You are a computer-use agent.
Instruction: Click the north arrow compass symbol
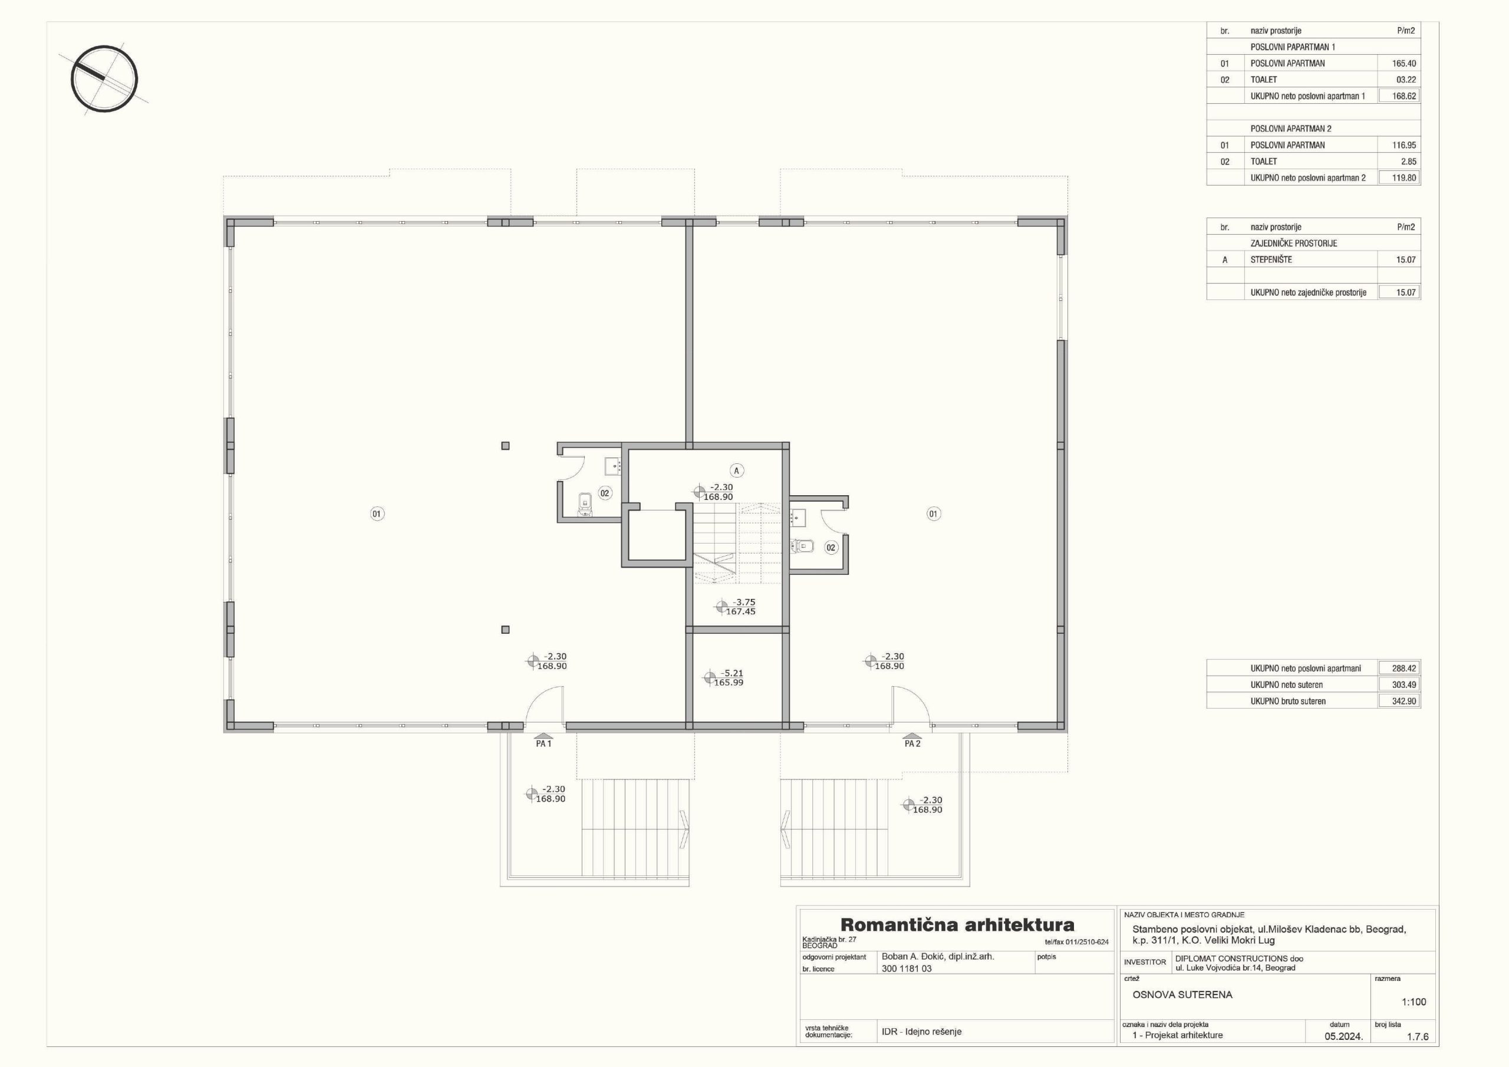point(104,78)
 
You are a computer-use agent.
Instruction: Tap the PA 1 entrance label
point(543,743)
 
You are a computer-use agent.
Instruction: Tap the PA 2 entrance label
point(912,743)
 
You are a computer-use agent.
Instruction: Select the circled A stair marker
point(737,470)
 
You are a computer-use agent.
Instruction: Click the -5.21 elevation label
point(732,673)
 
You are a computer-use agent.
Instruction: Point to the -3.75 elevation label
point(744,602)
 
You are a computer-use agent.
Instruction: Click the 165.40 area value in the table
point(1404,64)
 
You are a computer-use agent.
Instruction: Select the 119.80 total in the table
point(1404,177)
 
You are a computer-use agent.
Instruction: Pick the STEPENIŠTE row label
point(1271,260)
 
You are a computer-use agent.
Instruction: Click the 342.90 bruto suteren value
point(1404,702)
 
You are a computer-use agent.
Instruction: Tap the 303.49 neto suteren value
point(1404,685)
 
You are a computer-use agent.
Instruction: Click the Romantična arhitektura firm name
point(958,926)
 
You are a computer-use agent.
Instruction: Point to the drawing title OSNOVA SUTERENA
point(1182,994)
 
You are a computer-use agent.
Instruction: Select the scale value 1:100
point(1414,1002)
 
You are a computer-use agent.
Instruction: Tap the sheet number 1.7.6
point(1418,1037)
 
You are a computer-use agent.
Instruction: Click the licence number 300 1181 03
point(907,969)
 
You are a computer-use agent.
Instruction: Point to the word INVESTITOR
point(1145,962)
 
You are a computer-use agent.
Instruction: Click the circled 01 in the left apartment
point(377,514)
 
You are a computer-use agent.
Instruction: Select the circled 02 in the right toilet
point(831,548)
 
